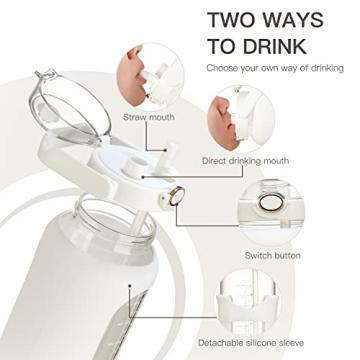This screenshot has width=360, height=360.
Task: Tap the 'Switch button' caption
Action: (x=271, y=256)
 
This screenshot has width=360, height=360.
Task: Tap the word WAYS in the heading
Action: (x=310, y=19)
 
